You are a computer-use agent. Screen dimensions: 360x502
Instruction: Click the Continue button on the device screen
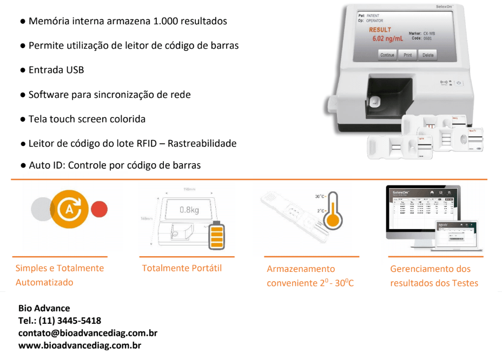(x=387, y=55)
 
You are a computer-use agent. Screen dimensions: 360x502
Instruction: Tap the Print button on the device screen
(x=407, y=55)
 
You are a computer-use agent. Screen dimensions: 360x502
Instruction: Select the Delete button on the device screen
(x=428, y=55)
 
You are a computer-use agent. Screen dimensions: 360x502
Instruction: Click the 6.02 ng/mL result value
(x=387, y=39)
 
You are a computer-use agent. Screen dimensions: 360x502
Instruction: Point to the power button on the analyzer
(x=459, y=83)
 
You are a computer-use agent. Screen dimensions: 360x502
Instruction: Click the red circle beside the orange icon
(x=99, y=209)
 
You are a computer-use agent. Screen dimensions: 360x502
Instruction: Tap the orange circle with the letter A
(x=69, y=209)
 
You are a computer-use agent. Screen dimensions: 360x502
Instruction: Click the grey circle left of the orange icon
(x=41, y=209)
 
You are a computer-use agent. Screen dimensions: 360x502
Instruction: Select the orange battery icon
(x=216, y=236)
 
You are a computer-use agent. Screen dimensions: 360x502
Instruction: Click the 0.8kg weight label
(x=189, y=210)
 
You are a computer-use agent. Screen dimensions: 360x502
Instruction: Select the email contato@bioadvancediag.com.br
(x=88, y=333)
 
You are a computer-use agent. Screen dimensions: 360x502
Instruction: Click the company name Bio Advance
(x=44, y=308)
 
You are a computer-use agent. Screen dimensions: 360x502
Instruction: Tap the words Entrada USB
(x=56, y=70)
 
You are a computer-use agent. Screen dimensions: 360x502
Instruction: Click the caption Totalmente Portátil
(x=182, y=268)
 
